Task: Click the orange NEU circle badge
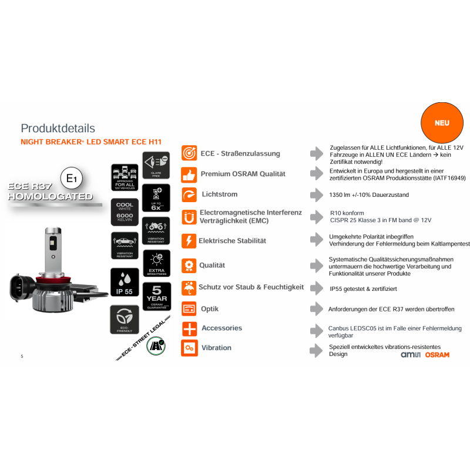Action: coord(442,123)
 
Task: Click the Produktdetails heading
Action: coord(58,128)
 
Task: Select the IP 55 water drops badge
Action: coord(125,283)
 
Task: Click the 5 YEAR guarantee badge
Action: coord(156,296)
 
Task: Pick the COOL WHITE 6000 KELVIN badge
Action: coord(125,212)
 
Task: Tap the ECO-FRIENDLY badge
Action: coord(125,319)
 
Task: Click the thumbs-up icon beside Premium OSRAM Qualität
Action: coord(189,174)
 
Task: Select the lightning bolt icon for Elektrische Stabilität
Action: coord(189,241)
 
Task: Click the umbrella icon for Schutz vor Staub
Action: coord(189,287)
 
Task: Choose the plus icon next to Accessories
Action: coord(189,328)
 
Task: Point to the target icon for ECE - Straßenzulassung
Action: coord(189,153)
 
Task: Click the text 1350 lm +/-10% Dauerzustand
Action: coord(369,195)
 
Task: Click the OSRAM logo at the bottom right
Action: coord(437,355)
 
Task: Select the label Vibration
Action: coord(216,348)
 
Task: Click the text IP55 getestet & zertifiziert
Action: coord(363,289)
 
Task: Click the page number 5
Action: coord(22,357)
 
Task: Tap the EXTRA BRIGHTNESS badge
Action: coord(156,263)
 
